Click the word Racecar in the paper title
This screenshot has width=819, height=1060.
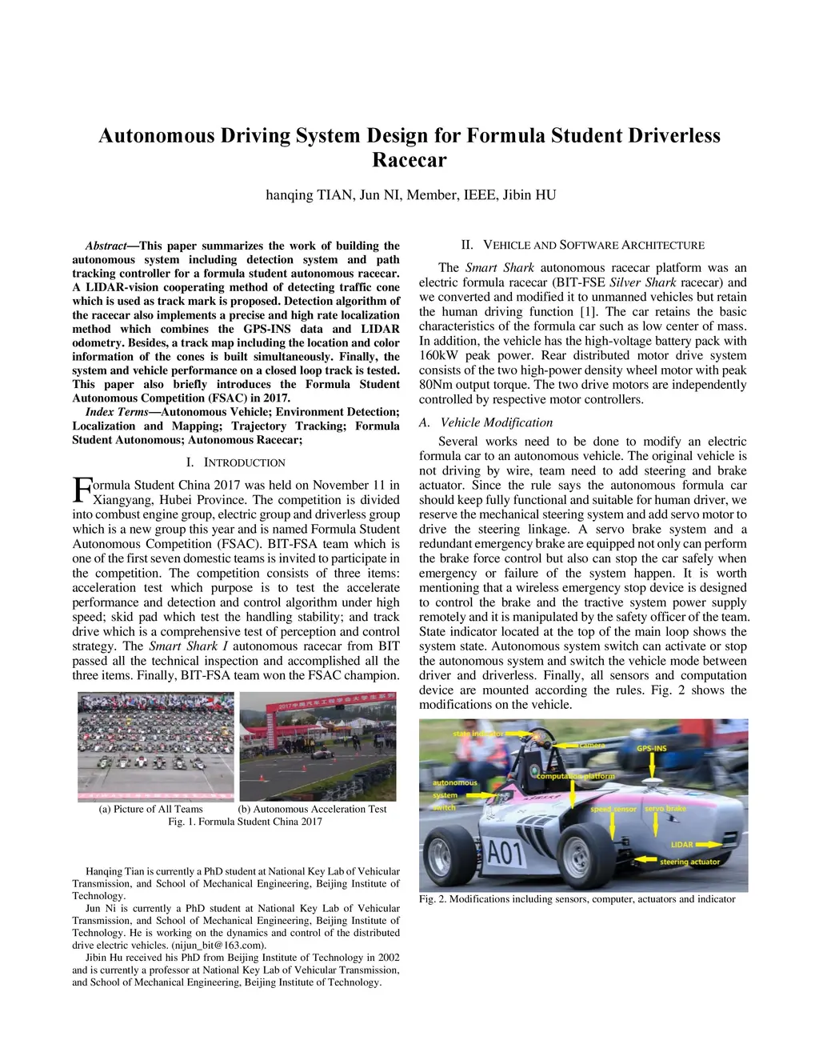[x=409, y=160]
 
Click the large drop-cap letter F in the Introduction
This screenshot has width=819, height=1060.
[x=82, y=490]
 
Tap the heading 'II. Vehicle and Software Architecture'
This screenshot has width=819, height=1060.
[x=582, y=245]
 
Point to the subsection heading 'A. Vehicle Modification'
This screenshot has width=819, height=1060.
[x=485, y=422]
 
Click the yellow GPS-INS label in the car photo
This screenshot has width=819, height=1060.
[x=651, y=748]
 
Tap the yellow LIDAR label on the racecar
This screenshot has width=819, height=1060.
[x=681, y=844]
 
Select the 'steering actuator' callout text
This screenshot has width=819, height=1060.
[x=689, y=862]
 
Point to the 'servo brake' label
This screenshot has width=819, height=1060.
[x=665, y=808]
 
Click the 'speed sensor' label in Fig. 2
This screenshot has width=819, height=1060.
[x=613, y=809]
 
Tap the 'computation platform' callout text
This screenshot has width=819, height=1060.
[x=575, y=776]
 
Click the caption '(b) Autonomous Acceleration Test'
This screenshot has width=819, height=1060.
[x=312, y=809]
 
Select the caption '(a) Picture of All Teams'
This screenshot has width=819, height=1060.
[x=150, y=809]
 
